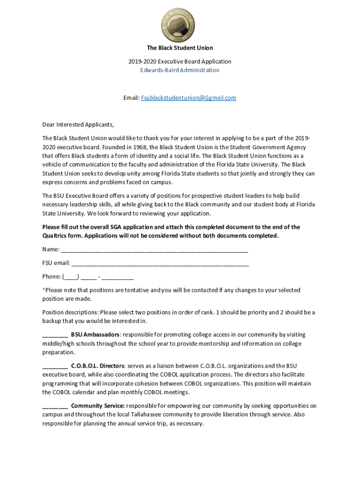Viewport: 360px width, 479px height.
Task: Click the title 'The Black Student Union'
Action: point(180,48)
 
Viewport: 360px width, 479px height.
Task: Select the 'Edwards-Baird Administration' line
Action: point(180,70)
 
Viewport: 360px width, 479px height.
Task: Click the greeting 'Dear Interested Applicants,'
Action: point(78,125)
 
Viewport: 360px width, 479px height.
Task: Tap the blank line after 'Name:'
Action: point(154,250)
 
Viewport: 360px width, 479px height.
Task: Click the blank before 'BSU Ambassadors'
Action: point(55,335)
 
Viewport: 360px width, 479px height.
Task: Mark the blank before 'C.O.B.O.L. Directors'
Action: point(55,366)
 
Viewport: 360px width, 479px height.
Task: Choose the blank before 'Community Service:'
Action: point(55,406)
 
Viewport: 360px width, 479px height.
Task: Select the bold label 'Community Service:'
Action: point(98,406)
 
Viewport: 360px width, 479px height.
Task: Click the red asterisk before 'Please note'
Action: point(43,290)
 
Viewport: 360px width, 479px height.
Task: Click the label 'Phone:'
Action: point(51,276)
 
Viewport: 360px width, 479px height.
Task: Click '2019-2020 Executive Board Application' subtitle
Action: point(180,61)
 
